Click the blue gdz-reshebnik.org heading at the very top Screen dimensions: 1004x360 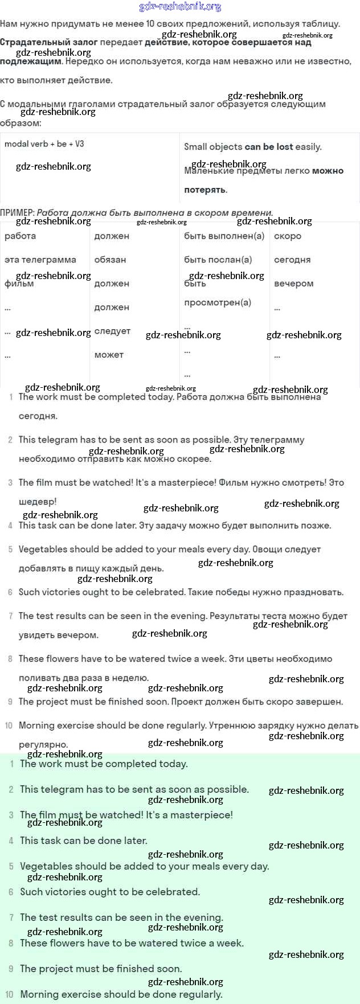(180, 7)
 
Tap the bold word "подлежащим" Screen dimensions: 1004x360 (31, 62)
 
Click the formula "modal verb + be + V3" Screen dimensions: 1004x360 (44, 144)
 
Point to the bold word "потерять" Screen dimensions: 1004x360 (205, 190)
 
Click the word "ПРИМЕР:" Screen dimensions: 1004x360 (17, 213)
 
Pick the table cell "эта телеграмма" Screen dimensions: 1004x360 (40, 260)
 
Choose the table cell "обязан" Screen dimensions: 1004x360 (110, 260)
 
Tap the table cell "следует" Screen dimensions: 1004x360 (112, 331)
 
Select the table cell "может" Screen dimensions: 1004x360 (109, 355)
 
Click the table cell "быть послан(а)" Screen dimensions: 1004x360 (218, 260)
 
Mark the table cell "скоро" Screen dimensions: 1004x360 (288, 236)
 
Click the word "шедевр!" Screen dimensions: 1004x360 (38, 502)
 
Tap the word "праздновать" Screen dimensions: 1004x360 (314, 592)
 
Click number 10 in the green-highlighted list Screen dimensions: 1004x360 (10, 994)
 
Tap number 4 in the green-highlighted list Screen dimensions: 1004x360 (11, 841)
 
